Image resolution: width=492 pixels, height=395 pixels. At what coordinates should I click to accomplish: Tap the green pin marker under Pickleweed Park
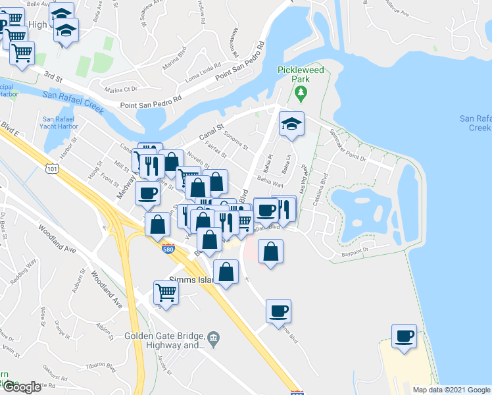(x=302, y=93)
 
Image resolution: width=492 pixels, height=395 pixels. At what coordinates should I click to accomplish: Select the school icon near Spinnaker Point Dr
(x=291, y=124)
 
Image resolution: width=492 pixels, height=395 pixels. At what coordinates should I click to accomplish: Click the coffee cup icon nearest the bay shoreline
(x=403, y=336)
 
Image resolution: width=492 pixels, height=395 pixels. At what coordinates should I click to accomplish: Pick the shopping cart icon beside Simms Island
(x=166, y=294)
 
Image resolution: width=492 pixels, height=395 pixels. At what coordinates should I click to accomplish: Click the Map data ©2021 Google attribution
(x=451, y=390)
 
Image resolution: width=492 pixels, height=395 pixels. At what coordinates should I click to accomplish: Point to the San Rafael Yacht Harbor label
(x=59, y=122)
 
